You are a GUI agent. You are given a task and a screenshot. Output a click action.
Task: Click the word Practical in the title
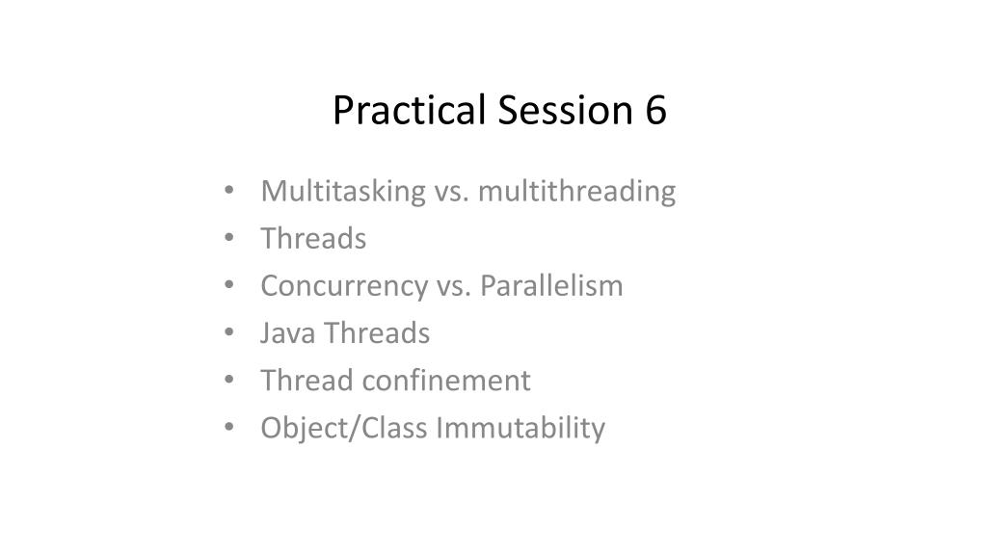point(409,111)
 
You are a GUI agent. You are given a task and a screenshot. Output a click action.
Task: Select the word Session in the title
point(565,110)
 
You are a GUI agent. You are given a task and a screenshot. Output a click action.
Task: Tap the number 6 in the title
point(655,110)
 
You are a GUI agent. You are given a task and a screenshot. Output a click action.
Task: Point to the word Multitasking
point(343,192)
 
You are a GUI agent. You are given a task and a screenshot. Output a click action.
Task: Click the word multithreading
point(576,192)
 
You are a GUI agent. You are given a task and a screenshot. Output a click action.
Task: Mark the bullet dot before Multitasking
point(229,190)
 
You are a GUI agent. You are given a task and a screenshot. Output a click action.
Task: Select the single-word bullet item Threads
point(313,239)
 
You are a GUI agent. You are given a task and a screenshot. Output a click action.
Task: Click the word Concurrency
point(344,287)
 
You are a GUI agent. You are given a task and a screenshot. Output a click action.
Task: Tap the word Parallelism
point(551,286)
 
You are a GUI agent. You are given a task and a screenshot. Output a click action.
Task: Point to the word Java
point(287,333)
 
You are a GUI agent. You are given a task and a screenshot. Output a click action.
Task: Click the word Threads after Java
point(377,333)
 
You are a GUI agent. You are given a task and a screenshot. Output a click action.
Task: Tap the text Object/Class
point(344,429)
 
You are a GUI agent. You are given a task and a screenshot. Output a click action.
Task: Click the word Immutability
point(520,429)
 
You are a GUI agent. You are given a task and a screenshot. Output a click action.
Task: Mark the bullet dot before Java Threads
point(229,331)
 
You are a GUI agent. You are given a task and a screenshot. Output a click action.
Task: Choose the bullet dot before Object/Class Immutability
point(229,427)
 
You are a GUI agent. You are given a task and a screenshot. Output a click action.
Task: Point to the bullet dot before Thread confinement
point(229,379)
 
